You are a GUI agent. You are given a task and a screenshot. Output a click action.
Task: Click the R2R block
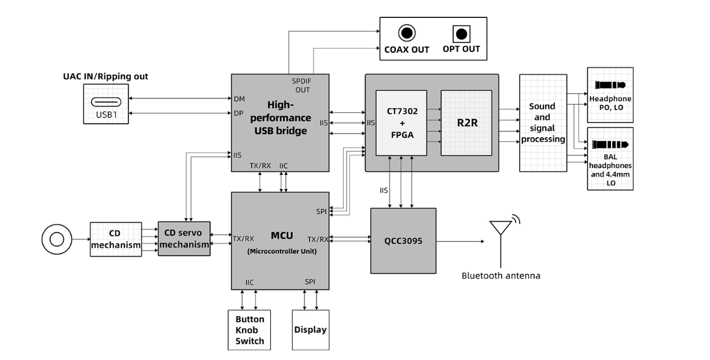click(x=466, y=123)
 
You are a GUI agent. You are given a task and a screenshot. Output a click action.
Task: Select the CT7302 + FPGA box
click(x=401, y=123)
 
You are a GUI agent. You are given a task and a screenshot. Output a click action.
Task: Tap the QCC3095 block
click(x=403, y=241)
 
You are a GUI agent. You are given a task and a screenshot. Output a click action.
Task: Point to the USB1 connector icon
click(x=106, y=102)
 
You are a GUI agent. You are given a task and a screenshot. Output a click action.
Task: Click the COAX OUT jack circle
click(x=407, y=33)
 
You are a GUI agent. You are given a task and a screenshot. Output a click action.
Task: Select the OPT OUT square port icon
click(x=461, y=34)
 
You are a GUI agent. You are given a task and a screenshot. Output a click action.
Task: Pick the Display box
click(x=310, y=330)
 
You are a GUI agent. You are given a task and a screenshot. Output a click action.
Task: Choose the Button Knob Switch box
click(x=249, y=330)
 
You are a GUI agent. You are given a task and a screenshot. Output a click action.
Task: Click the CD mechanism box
click(x=116, y=239)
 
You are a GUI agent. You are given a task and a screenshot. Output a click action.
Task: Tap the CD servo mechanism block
click(x=184, y=238)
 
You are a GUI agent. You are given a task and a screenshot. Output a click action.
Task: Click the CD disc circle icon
click(x=57, y=239)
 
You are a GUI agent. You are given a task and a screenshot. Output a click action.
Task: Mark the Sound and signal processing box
click(x=543, y=123)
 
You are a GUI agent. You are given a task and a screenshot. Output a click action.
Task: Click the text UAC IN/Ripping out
click(x=105, y=76)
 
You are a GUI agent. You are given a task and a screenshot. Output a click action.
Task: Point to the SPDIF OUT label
click(x=302, y=86)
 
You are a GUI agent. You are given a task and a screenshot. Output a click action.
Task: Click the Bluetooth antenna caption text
click(x=501, y=275)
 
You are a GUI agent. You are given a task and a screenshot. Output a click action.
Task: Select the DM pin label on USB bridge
click(x=239, y=99)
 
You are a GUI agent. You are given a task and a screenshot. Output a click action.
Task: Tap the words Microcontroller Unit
click(x=282, y=251)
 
